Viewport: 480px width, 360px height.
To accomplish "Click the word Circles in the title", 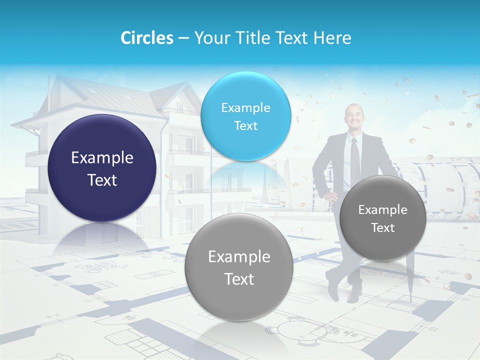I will click(147, 38).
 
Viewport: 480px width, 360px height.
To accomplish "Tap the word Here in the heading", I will click(332, 38).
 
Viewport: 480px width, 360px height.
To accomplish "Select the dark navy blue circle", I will click(102, 168).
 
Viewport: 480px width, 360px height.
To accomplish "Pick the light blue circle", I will click(245, 116).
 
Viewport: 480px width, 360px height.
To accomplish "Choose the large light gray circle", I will click(238, 267).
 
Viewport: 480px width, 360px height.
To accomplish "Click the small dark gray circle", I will click(382, 218).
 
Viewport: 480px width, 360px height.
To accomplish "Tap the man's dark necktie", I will click(354, 160).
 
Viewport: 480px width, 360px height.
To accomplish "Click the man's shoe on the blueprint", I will click(354, 296).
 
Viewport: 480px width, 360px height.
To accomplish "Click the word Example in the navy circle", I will click(102, 158).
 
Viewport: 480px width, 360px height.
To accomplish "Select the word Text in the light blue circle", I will click(245, 125).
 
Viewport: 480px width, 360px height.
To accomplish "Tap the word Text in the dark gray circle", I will click(383, 228).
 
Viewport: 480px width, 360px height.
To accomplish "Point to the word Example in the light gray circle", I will click(239, 257).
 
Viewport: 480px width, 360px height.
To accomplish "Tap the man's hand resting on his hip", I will click(332, 196).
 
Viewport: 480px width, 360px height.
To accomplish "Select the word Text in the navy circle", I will click(102, 180).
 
